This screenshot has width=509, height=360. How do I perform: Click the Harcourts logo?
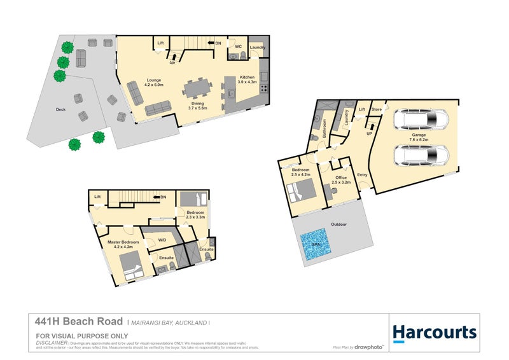(x=434, y=331)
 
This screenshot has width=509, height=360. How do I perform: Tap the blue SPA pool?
(x=316, y=246)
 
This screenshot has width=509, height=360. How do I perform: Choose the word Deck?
(x=60, y=109)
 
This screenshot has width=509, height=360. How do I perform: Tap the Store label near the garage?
(x=377, y=109)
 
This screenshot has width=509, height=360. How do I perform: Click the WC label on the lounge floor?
(x=237, y=46)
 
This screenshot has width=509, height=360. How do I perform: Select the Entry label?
(x=362, y=175)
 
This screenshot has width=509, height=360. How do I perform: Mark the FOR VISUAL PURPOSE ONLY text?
(x=82, y=335)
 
